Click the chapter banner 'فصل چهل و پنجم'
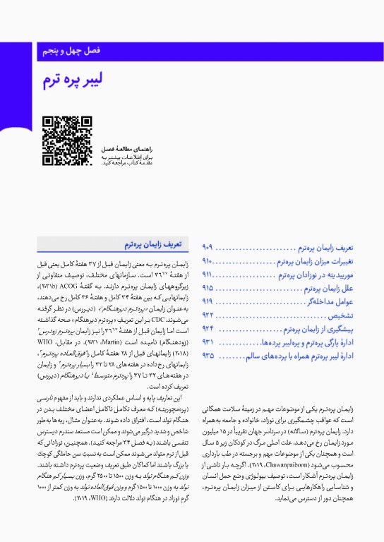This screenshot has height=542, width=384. pyautogui.click(x=70, y=52)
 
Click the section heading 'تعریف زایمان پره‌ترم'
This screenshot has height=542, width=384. pyautogui.click(x=153, y=244)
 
